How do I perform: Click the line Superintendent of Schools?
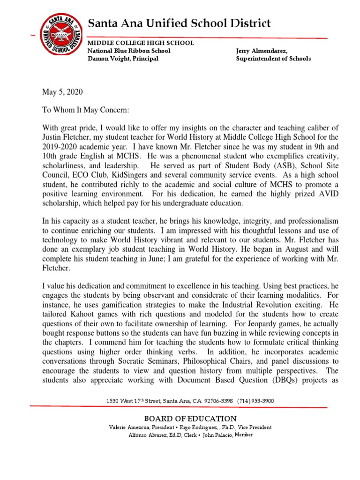click(x=273, y=59)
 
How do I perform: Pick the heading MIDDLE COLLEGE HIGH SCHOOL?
click(x=141, y=43)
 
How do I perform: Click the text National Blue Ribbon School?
click(x=129, y=51)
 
